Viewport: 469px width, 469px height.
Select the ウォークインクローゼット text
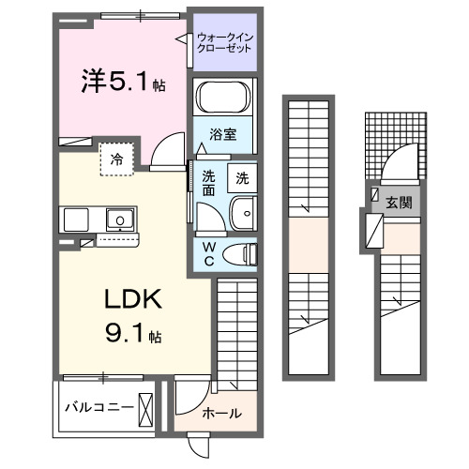224,43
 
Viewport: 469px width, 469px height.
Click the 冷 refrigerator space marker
117,159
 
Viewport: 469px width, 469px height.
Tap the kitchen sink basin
119,220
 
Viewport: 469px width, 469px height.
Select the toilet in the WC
244,251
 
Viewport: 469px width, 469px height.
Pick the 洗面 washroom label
208,181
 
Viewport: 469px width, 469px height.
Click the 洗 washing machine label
242,175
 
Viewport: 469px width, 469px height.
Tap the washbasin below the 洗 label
243,214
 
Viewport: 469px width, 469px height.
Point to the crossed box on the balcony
146,409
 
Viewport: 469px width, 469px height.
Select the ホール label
221,413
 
